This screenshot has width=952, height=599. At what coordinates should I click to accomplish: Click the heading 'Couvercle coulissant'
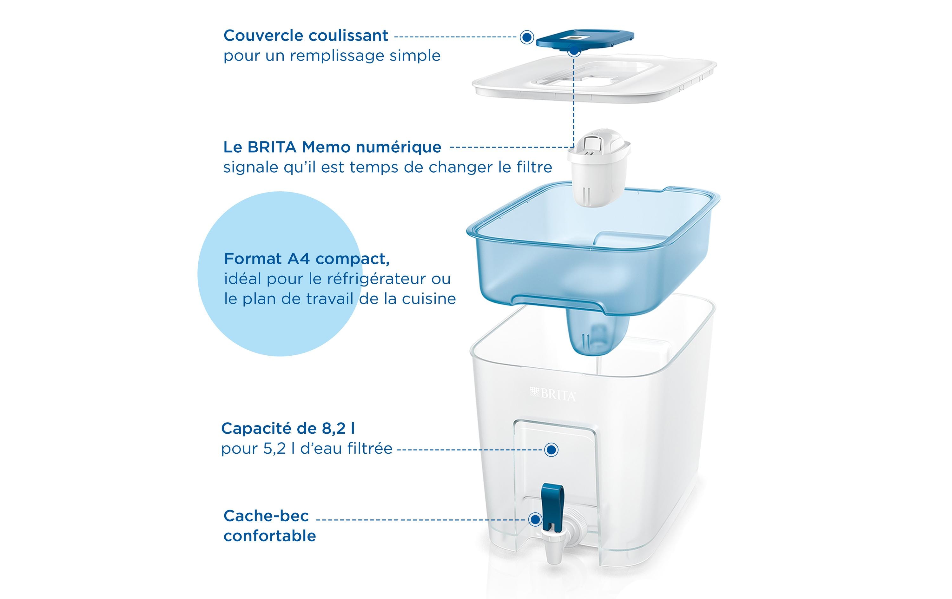click(x=305, y=36)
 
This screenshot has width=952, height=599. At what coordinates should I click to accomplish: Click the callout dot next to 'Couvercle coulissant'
click(x=526, y=37)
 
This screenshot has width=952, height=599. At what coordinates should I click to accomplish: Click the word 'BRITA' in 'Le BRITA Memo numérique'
click(x=272, y=147)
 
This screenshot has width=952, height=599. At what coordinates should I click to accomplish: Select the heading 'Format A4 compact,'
click(x=307, y=259)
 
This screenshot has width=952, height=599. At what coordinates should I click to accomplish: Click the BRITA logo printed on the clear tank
click(x=553, y=394)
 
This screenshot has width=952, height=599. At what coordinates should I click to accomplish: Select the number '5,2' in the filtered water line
click(x=275, y=449)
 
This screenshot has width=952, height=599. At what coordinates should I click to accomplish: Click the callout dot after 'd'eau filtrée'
click(x=551, y=450)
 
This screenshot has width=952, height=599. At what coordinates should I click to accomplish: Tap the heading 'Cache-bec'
click(x=266, y=516)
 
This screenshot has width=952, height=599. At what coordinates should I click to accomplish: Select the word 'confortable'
click(x=270, y=536)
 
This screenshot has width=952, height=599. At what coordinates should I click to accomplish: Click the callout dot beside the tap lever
click(x=535, y=519)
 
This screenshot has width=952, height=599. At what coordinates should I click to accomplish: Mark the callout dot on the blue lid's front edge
click(x=574, y=51)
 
